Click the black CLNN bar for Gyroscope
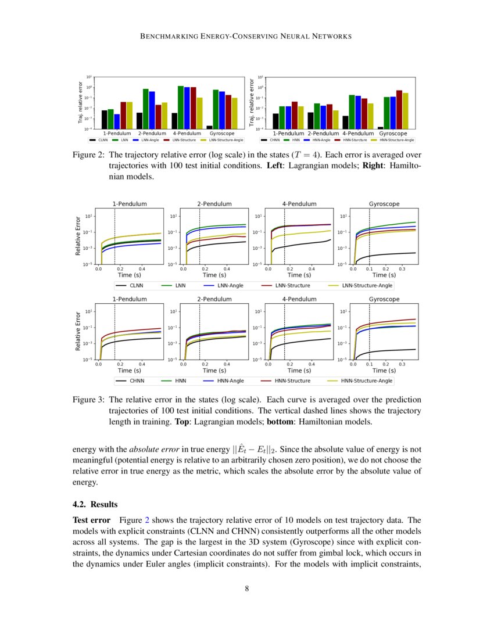tap(209, 127)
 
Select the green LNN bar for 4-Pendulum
tap(181, 107)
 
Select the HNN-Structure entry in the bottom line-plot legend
tap(286, 381)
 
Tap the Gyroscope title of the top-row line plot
tap(384, 204)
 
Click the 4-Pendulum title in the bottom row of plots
tap(299, 299)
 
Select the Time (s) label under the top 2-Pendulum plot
tap(214, 275)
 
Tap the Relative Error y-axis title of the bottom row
tap(78, 332)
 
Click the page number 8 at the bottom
tap(247, 588)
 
